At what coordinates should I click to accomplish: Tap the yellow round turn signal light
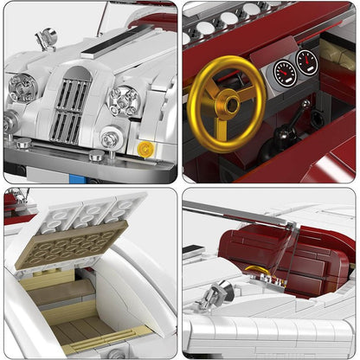tap(145, 148)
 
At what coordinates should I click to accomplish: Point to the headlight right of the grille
tap(124, 100)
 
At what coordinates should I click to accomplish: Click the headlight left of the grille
tap(22, 86)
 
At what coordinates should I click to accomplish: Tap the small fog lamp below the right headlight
tap(112, 138)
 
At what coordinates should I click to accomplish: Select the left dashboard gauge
tap(284, 74)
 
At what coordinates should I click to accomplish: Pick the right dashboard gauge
tap(306, 61)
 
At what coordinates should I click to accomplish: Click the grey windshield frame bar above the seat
tap(242, 216)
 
